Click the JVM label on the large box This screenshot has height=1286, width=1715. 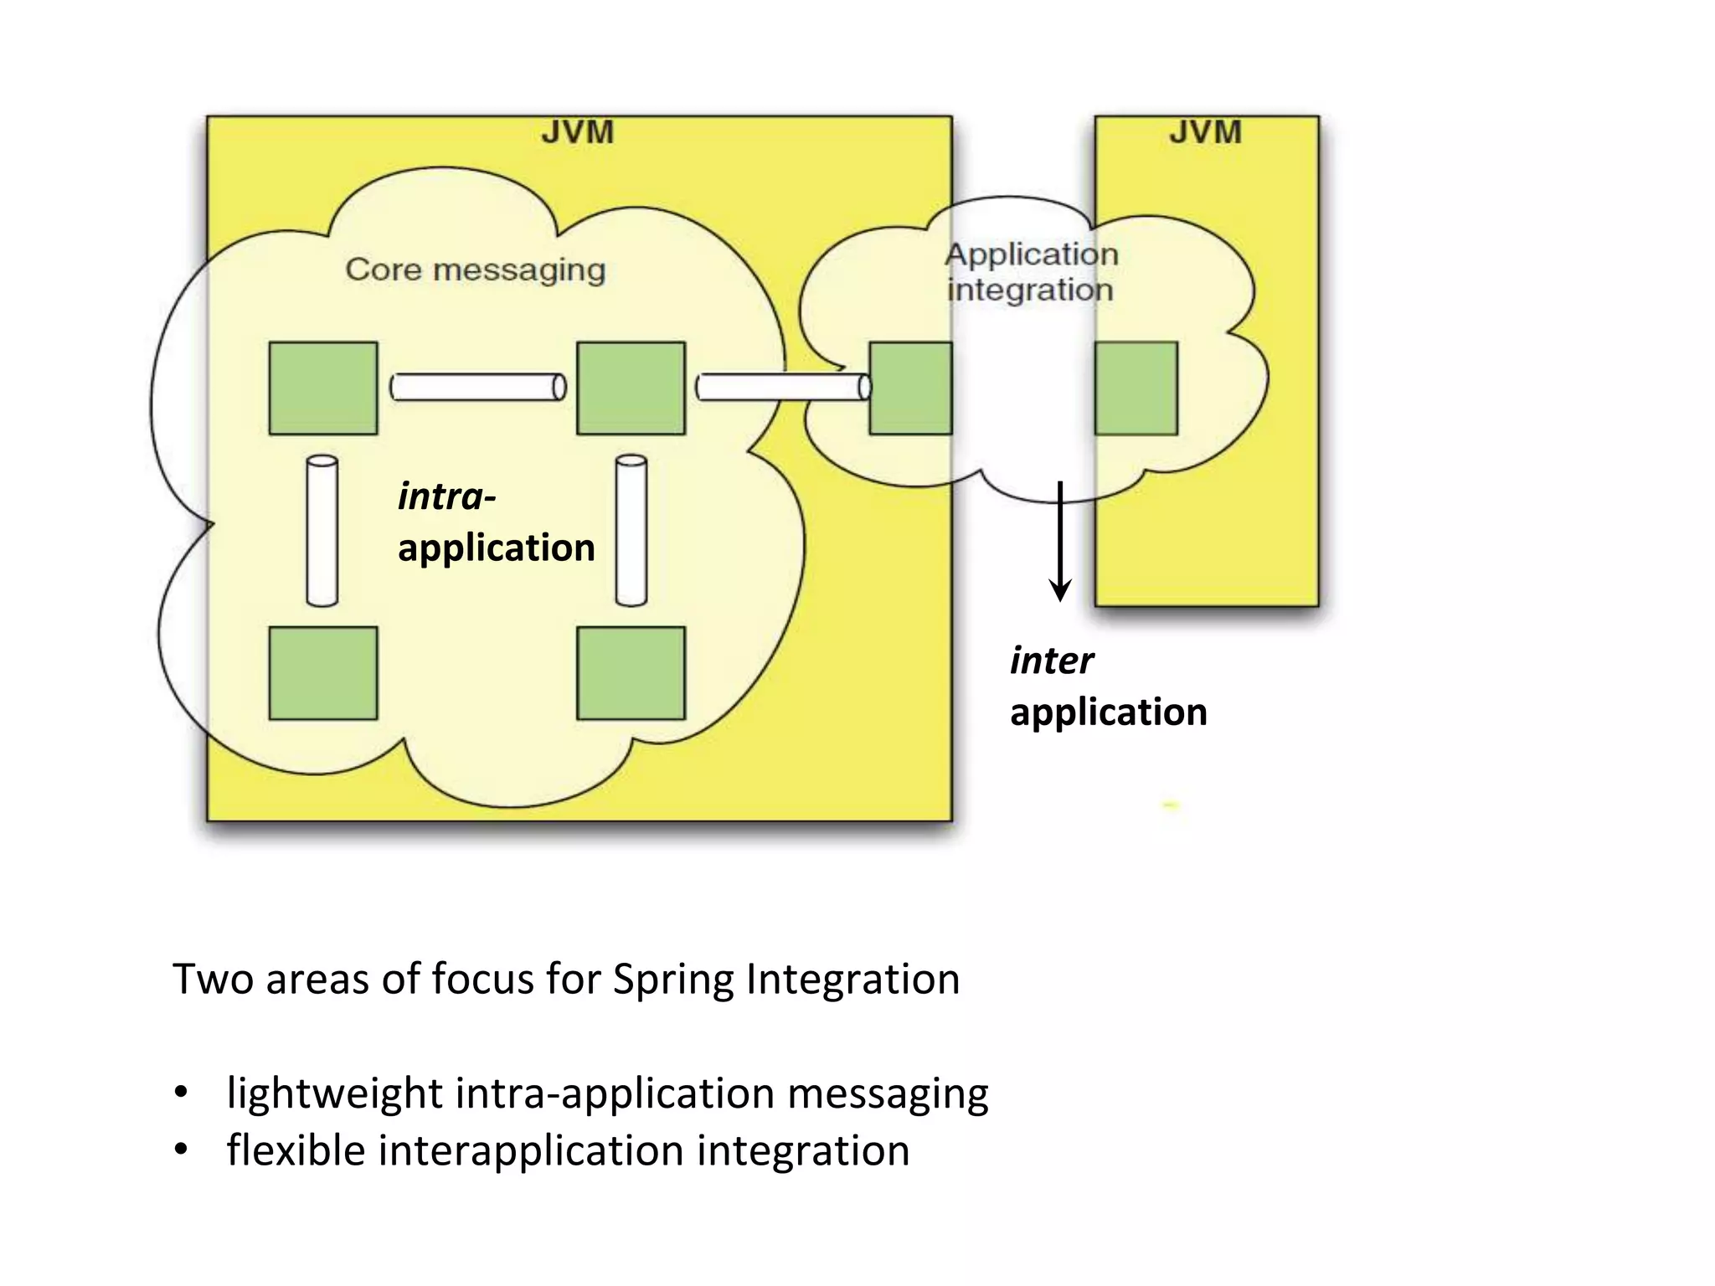point(577,132)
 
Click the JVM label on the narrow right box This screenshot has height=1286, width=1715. point(1205,132)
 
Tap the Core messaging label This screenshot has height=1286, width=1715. point(475,270)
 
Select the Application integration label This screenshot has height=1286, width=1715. point(1031,271)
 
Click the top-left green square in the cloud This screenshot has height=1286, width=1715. point(323,388)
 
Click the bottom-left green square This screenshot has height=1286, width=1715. point(323,672)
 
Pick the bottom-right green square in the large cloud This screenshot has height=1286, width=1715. point(631,672)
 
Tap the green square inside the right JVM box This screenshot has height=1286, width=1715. point(1136,388)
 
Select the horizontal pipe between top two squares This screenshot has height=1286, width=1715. point(478,388)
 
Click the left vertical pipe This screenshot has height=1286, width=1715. point(322,530)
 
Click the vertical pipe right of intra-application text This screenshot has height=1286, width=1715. point(631,530)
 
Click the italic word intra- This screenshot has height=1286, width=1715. point(446,496)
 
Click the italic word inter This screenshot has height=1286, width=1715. point(1052,661)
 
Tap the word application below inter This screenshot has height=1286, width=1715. point(1108,712)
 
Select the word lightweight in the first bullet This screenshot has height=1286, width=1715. point(334,1093)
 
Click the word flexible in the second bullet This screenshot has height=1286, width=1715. point(296,1150)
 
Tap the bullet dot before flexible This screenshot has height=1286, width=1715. point(181,1150)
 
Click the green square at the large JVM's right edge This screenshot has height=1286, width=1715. point(910,388)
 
